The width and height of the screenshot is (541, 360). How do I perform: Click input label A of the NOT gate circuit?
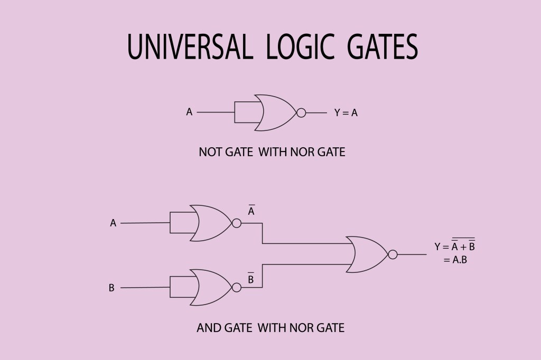click(x=189, y=112)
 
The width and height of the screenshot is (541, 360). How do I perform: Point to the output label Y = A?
click(x=346, y=112)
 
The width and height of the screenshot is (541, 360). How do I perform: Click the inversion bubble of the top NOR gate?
click(x=301, y=112)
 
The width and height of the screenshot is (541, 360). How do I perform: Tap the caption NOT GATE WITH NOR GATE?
click(x=272, y=153)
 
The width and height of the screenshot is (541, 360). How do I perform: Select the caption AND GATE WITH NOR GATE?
click(x=270, y=328)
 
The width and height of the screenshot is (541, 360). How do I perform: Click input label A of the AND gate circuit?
click(x=113, y=223)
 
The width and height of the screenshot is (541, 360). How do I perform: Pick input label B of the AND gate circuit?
click(x=111, y=288)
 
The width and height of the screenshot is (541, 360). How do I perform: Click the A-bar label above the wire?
click(x=251, y=211)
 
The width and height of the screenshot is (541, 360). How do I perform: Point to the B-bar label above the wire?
click(x=251, y=278)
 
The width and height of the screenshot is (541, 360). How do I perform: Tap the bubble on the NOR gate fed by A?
click(x=237, y=223)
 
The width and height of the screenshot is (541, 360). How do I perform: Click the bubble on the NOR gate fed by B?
click(x=237, y=287)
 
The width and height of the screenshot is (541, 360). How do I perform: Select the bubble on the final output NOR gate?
click(x=393, y=254)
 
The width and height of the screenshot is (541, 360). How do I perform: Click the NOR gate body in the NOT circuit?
click(x=275, y=112)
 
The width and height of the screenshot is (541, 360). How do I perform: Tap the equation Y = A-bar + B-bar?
click(x=454, y=246)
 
